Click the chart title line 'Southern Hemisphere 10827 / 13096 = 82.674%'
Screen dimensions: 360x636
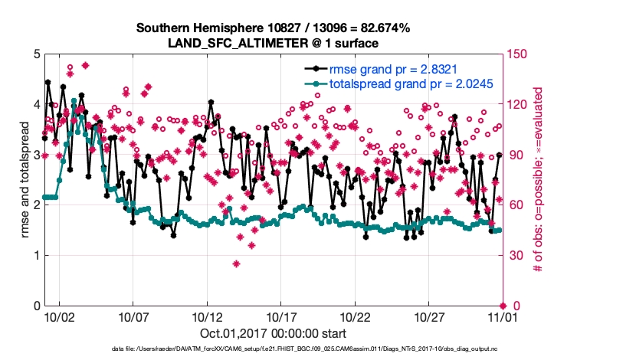pyautogui.click(x=273, y=28)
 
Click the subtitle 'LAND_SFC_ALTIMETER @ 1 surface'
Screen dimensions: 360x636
pyautogui.click(x=273, y=43)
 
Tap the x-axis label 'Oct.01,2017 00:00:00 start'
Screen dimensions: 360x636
pyautogui.click(x=273, y=333)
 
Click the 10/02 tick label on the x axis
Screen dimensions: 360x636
pyautogui.click(x=59, y=316)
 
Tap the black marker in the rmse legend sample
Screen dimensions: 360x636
pyautogui.click(x=311, y=69)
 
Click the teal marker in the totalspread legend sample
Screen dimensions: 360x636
pyautogui.click(x=311, y=83)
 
